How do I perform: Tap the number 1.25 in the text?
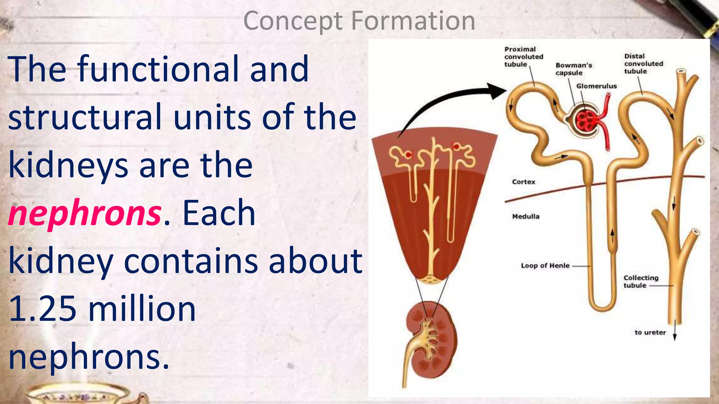click(42, 309)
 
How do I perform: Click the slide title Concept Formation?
click(359, 21)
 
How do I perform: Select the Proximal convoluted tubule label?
click(523, 57)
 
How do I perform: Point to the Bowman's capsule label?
click(573, 69)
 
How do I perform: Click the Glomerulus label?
click(596, 86)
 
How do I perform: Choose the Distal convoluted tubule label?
click(643, 63)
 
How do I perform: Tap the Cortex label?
click(523, 182)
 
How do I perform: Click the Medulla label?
click(526, 216)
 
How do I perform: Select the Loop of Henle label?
click(545, 265)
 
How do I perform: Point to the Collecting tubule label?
click(641, 281)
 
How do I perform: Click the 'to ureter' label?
click(650, 332)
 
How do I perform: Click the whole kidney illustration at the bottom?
click(431, 338)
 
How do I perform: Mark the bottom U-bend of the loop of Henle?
click(602, 307)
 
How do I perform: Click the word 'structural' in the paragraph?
click(84, 117)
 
